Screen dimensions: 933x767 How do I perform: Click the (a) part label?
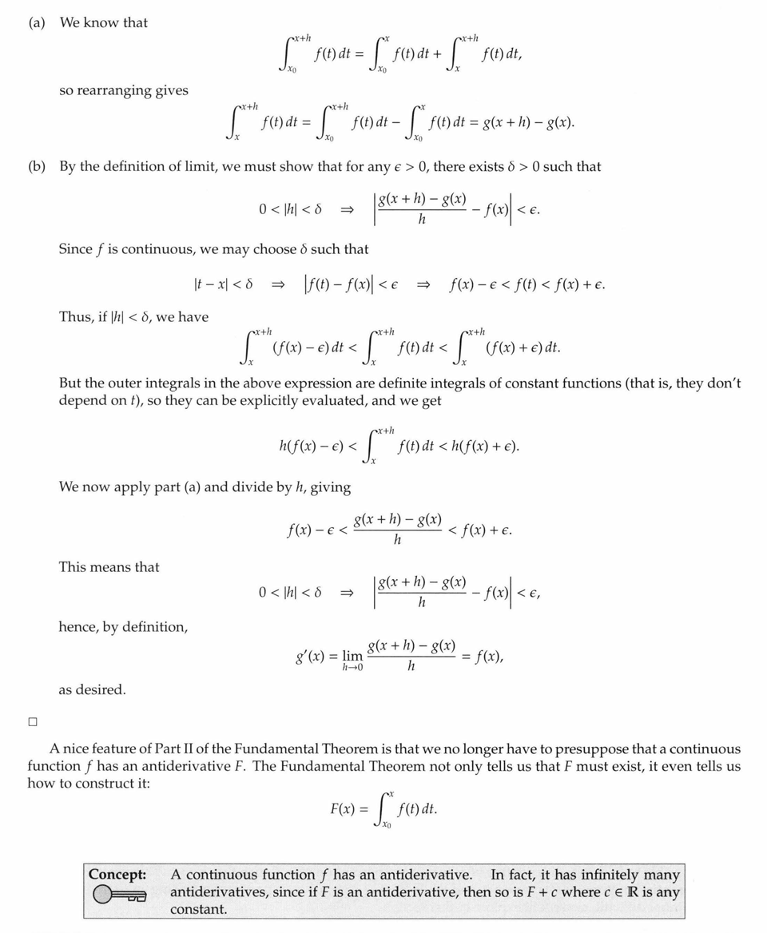(37, 22)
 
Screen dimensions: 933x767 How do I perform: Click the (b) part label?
(37, 167)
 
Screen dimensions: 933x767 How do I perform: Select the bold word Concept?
(117, 875)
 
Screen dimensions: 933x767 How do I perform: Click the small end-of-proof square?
(33, 722)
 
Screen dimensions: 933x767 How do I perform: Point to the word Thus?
(75, 317)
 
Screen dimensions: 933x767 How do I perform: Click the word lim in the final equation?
(352, 656)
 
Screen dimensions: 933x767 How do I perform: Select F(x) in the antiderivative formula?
(344, 808)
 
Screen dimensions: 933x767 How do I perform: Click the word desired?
(103, 689)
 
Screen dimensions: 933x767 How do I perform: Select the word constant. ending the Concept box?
(198, 909)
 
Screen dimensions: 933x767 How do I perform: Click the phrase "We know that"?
(103, 22)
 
